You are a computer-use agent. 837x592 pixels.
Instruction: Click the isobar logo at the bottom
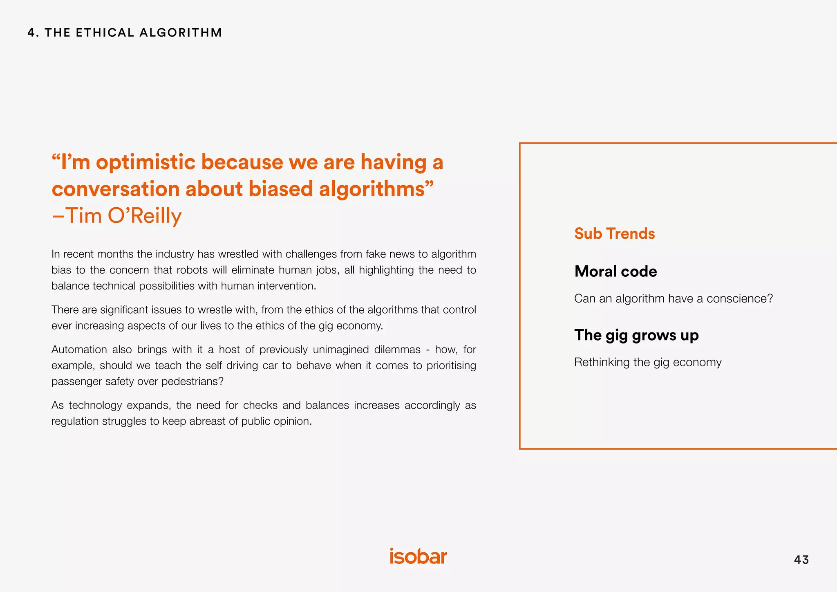pos(418,556)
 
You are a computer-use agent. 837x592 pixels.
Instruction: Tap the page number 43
pos(801,560)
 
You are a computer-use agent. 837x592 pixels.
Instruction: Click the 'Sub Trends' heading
pos(614,233)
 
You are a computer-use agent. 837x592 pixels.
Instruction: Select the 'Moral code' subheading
pos(615,271)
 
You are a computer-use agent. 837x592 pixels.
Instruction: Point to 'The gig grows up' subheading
pos(636,335)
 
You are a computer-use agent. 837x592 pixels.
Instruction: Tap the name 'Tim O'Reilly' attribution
pos(123,215)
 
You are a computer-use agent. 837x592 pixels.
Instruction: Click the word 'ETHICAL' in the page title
pos(105,33)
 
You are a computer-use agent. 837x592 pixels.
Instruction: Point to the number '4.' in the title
pos(33,33)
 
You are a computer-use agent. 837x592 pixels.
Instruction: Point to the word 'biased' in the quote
pos(280,189)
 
